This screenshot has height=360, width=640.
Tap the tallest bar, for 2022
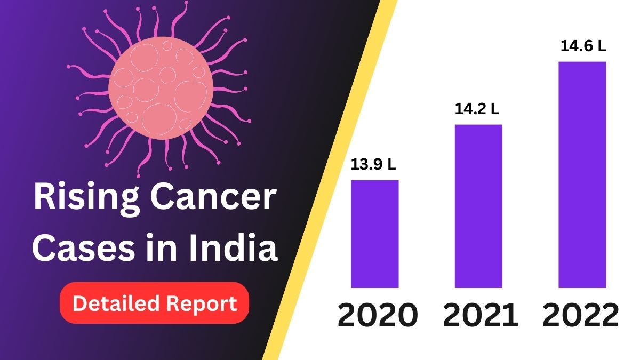click(582, 174)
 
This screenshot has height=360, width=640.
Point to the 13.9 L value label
click(373, 165)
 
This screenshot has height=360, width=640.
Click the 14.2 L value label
click(477, 109)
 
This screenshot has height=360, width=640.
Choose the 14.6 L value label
click(583, 46)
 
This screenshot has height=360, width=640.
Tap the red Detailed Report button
click(155, 303)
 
